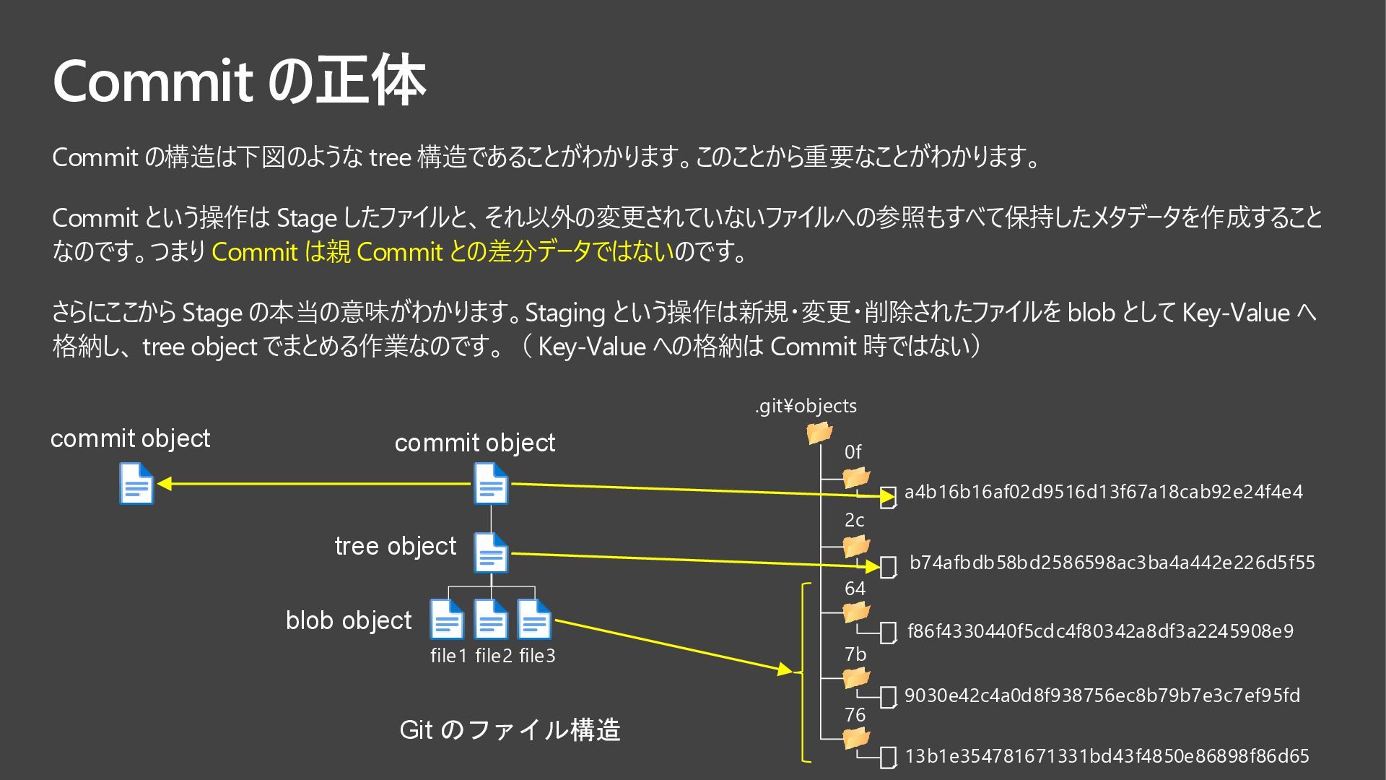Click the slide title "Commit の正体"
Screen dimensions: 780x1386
239,81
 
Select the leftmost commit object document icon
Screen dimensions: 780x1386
136,483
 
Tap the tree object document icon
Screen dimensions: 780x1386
491,553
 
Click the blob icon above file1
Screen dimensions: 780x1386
447,620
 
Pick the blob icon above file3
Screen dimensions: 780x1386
535,620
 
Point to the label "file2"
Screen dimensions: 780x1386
493,656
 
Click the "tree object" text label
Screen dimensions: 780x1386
396,546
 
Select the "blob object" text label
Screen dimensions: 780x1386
349,620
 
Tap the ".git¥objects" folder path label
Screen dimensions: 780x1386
806,406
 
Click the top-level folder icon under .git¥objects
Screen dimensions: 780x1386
819,433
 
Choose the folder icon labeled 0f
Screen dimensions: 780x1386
856,477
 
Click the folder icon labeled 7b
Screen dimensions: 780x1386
856,678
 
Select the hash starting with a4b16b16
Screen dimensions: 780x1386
1103,492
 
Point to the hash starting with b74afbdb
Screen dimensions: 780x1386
1112,563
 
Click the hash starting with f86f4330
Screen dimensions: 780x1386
1100,631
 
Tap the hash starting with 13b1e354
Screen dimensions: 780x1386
1107,756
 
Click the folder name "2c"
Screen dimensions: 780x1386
855,520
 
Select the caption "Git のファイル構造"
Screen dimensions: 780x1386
510,729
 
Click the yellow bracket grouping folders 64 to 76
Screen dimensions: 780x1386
803,672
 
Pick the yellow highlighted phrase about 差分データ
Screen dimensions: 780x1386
443,251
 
